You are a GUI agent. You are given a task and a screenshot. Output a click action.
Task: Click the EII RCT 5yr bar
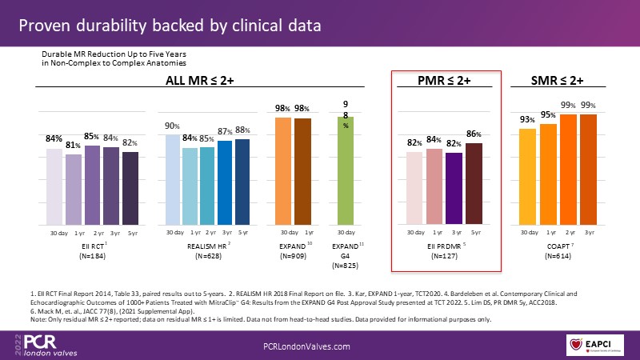point(130,188)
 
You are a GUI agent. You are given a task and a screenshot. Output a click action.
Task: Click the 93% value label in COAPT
point(526,120)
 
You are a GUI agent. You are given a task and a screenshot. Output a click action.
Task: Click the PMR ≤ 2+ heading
point(443,80)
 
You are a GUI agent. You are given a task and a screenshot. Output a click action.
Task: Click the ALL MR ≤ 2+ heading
point(198,80)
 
